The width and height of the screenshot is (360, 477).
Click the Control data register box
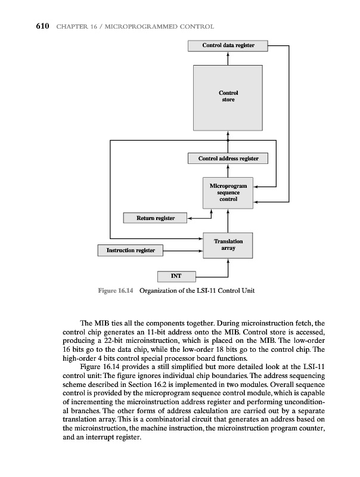tap(228, 45)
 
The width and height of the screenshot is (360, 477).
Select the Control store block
tap(228, 96)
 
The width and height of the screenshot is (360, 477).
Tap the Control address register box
tap(228, 159)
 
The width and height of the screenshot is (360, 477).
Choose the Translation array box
tap(228, 244)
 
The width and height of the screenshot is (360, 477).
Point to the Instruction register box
tap(131, 250)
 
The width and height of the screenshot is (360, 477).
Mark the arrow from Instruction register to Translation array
tap(184, 250)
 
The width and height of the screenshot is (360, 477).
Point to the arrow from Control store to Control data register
tap(228, 57)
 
